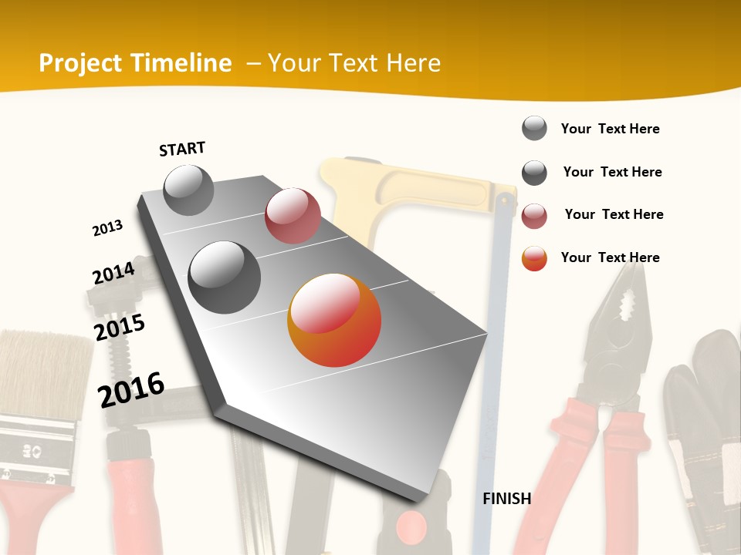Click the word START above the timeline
click(x=182, y=148)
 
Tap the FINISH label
click(x=506, y=499)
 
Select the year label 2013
click(x=107, y=228)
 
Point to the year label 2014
click(x=113, y=273)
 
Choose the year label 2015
click(x=119, y=328)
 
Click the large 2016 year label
click(x=131, y=389)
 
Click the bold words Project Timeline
click(x=135, y=63)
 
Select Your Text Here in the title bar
click(x=354, y=63)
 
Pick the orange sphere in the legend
click(x=534, y=258)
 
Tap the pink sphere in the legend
click(x=534, y=216)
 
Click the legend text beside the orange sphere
click(x=610, y=257)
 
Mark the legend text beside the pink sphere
click(x=614, y=214)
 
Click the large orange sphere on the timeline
click(x=334, y=320)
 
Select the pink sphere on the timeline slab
click(x=293, y=216)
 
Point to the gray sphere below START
click(x=188, y=190)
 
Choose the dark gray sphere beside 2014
click(x=224, y=277)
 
